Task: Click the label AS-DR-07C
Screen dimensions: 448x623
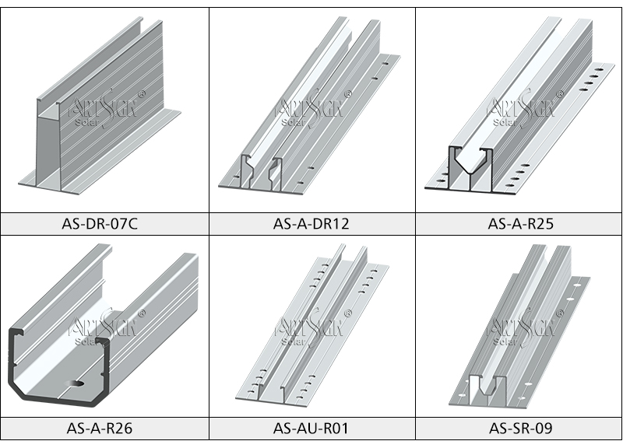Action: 104,224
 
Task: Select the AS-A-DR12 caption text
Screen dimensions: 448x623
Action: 311,224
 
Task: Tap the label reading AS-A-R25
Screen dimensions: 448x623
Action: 519,224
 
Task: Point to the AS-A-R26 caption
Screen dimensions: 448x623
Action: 104,427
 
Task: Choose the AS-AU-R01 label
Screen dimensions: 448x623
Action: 311,427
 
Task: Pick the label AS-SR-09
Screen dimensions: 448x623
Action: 519,427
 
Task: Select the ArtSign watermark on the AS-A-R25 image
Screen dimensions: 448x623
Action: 519,106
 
